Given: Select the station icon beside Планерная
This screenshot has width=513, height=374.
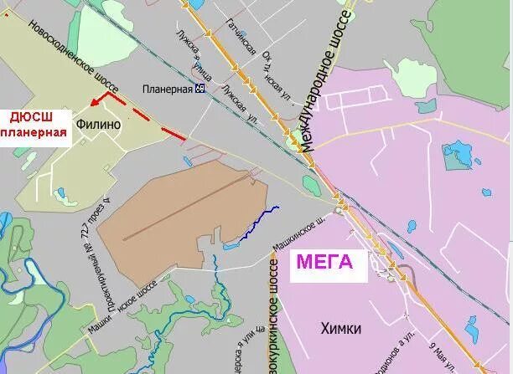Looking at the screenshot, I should (x=199, y=88).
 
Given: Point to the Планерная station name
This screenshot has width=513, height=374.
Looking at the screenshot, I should (x=167, y=88).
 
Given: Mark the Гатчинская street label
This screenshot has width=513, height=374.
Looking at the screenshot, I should (x=241, y=37).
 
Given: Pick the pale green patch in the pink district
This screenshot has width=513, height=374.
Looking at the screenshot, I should (x=412, y=78).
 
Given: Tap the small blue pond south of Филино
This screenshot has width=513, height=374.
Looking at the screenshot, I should (x=60, y=193).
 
